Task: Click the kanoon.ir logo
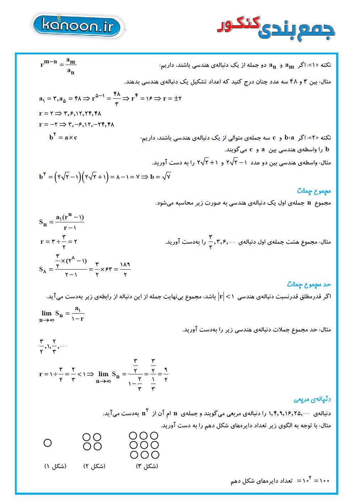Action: coord(78,26)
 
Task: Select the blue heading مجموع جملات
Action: coord(314,191)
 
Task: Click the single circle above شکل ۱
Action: coord(48,443)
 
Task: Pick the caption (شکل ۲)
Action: coord(94,466)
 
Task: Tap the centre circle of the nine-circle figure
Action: coord(144,445)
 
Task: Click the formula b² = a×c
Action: coord(63,137)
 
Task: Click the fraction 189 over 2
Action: coord(125,269)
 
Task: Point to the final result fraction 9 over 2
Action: coord(166,374)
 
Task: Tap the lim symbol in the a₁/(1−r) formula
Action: coord(47,313)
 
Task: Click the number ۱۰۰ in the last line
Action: coord(324,481)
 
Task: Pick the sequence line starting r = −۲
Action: coord(76,124)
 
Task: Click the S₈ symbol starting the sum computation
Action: coord(43,269)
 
